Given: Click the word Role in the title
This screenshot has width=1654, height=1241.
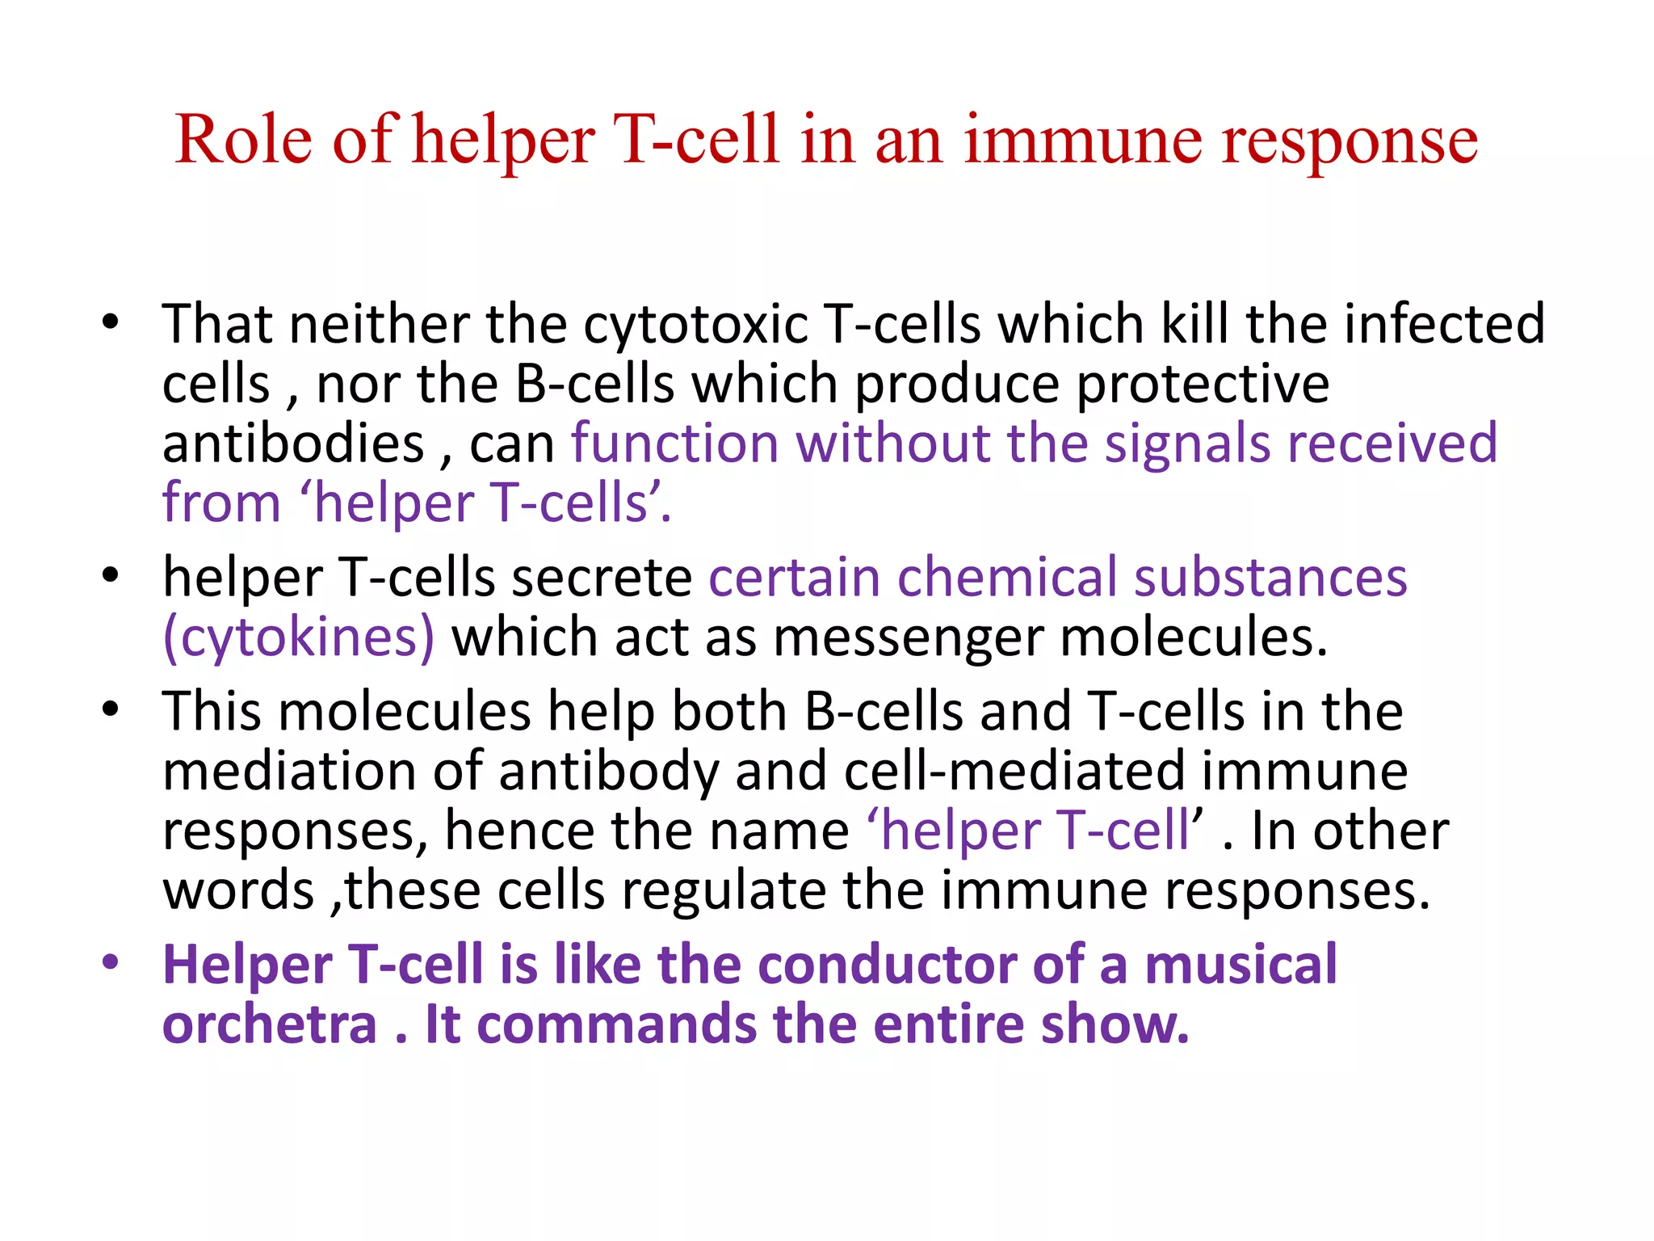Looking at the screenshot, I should [243, 140].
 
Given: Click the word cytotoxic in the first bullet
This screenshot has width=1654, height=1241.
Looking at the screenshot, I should [695, 325].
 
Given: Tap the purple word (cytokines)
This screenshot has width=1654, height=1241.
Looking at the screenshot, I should [299, 637].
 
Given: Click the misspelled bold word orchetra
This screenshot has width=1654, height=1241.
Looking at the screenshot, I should [270, 1024].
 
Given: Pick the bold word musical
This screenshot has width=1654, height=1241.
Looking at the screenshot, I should [1240, 965].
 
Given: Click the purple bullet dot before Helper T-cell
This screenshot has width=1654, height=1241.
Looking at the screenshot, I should [111, 962].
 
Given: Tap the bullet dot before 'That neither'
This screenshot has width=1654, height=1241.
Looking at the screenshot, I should [111, 322].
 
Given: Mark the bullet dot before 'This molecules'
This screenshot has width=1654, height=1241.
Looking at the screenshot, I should [111, 709].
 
